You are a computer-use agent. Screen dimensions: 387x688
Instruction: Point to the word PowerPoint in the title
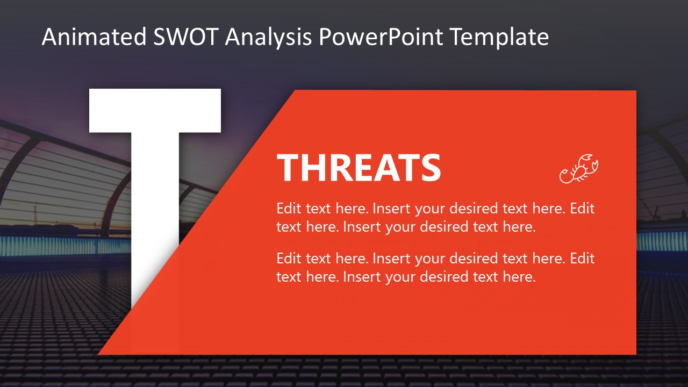point(381,38)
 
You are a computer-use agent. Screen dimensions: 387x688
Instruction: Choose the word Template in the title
point(500,38)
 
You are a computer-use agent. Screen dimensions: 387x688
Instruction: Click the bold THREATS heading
point(359,168)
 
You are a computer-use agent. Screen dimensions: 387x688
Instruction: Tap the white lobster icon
point(579,169)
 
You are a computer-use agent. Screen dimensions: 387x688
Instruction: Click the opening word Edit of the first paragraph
point(289,209)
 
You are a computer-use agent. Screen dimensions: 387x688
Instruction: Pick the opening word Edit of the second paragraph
point(289,259)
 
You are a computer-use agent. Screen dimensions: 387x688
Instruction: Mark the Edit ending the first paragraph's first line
point(582,209)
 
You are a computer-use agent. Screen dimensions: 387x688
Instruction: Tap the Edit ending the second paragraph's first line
point(582,259)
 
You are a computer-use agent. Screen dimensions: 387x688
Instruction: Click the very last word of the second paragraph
point(519,277)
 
